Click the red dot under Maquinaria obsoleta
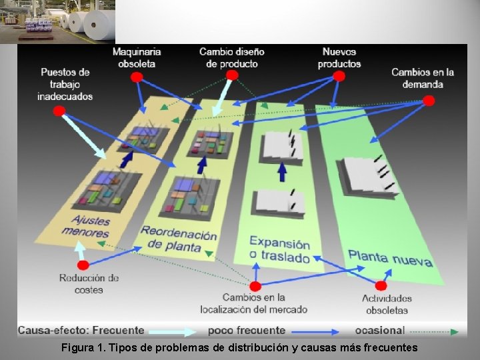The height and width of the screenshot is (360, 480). point(136,77)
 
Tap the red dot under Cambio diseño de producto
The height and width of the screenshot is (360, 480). point(231,75)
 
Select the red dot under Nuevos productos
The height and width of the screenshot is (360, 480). point(339,76)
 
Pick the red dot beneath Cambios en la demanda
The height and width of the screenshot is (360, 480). point(429,101)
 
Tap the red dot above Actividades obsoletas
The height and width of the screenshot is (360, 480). point(381,285)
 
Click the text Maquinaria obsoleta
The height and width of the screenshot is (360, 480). point(137,57)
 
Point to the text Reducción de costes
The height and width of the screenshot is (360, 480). point(89,284)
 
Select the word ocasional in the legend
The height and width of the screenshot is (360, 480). point(379,330)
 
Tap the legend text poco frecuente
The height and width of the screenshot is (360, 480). point(247,330)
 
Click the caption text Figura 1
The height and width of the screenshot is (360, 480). point(83,347)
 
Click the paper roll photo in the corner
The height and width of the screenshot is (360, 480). point(57,21)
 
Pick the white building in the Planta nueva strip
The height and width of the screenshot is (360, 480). point(368,177)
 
